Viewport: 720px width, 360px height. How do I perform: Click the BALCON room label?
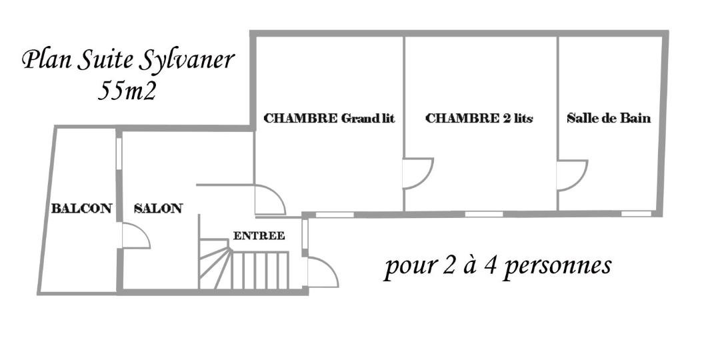pyautogui.click(x=81, y=209)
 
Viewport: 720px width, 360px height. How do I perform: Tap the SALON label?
pyautogui.click(x=158, y=209)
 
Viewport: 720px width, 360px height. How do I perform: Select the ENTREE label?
pyautogui.click(x=259, y=236)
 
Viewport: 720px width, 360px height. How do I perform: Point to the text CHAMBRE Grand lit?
pyautogui.click(x=329, y=118)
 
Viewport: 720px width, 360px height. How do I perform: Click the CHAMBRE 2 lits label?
pyautogui.click(x=479, y=118)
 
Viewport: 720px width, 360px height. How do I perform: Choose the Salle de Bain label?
pyautogui.click(x=609, y=118)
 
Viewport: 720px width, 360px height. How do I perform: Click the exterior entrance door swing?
pyautogui.click(x=323, y=272)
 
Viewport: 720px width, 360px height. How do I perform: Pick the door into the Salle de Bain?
pyautogui.click(x=572, y=175)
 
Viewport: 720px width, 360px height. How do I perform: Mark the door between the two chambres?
pyautogui.click(x=418, y=173)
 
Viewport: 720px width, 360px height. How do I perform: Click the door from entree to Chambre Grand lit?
pyautogui.click(x=270, y=199)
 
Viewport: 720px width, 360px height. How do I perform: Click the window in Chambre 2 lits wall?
pyautogui.click(x=484, y=214)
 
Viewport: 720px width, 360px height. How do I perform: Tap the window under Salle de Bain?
pyautogui.click(x=637, y=213)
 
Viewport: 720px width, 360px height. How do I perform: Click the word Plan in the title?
pyautogui.click(x=47, y=60)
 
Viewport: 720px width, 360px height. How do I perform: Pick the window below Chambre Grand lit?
pyautogui.click(x=335, y=215)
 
